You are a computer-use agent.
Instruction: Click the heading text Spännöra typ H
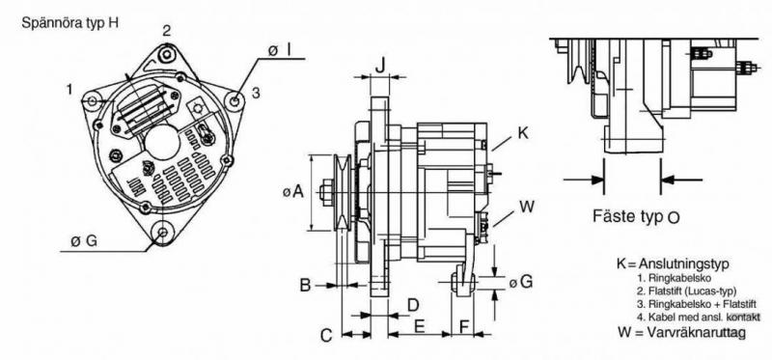pos(69,23)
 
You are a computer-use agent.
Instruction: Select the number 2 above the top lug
pos(167,31)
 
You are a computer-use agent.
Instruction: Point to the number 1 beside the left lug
pos(69,89)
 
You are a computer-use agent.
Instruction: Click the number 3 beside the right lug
pos(256,93)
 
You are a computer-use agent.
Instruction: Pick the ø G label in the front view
pos(84,241)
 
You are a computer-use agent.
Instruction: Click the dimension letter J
pos(380,65)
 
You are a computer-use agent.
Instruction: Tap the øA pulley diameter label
pos(293,191)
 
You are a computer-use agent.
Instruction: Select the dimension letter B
pos(305,285)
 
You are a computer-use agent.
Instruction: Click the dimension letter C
pos(327,335)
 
